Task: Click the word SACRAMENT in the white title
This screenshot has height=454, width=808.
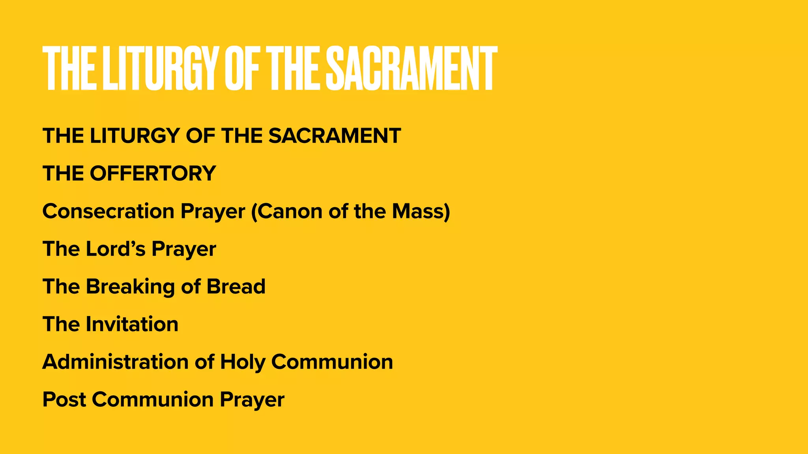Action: (x=411, y=68)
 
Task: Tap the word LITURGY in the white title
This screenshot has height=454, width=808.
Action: (x=160, y=68)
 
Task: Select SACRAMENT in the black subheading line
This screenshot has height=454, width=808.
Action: (x=335, y=136)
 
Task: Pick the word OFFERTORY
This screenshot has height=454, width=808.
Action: (x=153, y=173)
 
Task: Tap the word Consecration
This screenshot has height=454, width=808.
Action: (x=108, y=211)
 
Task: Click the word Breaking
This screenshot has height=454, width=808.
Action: (x=130, y=287)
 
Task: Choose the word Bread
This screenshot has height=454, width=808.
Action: (x=236, y=287)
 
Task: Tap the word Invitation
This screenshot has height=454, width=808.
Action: (x=132, y=324)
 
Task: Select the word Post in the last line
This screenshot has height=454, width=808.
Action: (x=64, y=400)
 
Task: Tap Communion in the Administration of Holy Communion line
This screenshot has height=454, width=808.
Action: (x=332, y=362)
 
